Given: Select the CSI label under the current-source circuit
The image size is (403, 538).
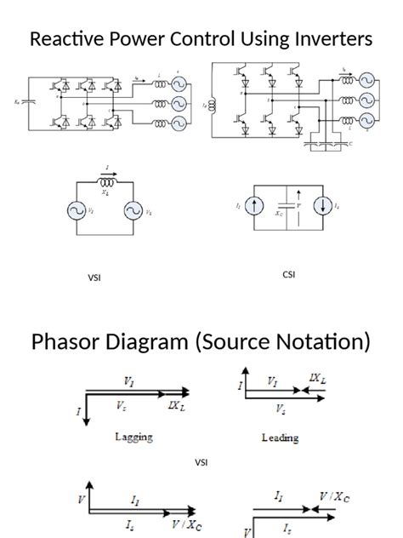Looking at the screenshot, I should pos(288,274).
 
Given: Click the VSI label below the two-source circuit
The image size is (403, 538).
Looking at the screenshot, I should pos(94,278).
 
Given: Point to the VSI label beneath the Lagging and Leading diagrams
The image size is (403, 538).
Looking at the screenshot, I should pos(201,462).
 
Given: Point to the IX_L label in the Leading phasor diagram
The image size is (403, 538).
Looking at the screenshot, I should pos(318,377).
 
